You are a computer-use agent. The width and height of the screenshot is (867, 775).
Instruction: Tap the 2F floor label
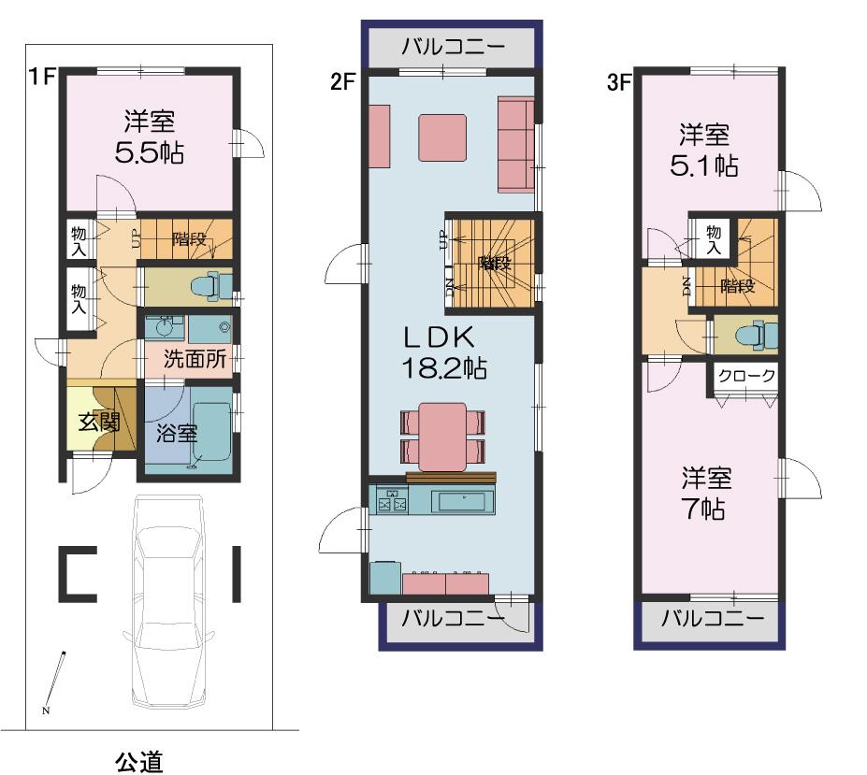(x=342, y=81)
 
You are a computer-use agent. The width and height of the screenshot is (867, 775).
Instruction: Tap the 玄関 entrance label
(x=98, y=422)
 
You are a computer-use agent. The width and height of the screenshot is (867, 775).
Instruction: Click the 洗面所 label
(x=194, y=360)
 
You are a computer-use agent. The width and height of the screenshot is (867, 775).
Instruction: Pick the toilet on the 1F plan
(x=213, y=286)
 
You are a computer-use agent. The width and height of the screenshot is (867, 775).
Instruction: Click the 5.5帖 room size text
(x=149, y=153)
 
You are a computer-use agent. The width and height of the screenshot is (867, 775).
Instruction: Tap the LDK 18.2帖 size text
(x=443, y=367)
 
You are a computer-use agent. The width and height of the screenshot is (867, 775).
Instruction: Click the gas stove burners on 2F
(x=392, y=503)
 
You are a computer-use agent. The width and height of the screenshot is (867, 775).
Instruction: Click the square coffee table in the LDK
(x=442, y=139)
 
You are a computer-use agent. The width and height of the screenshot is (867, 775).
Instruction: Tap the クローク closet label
(x=745, y=376)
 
